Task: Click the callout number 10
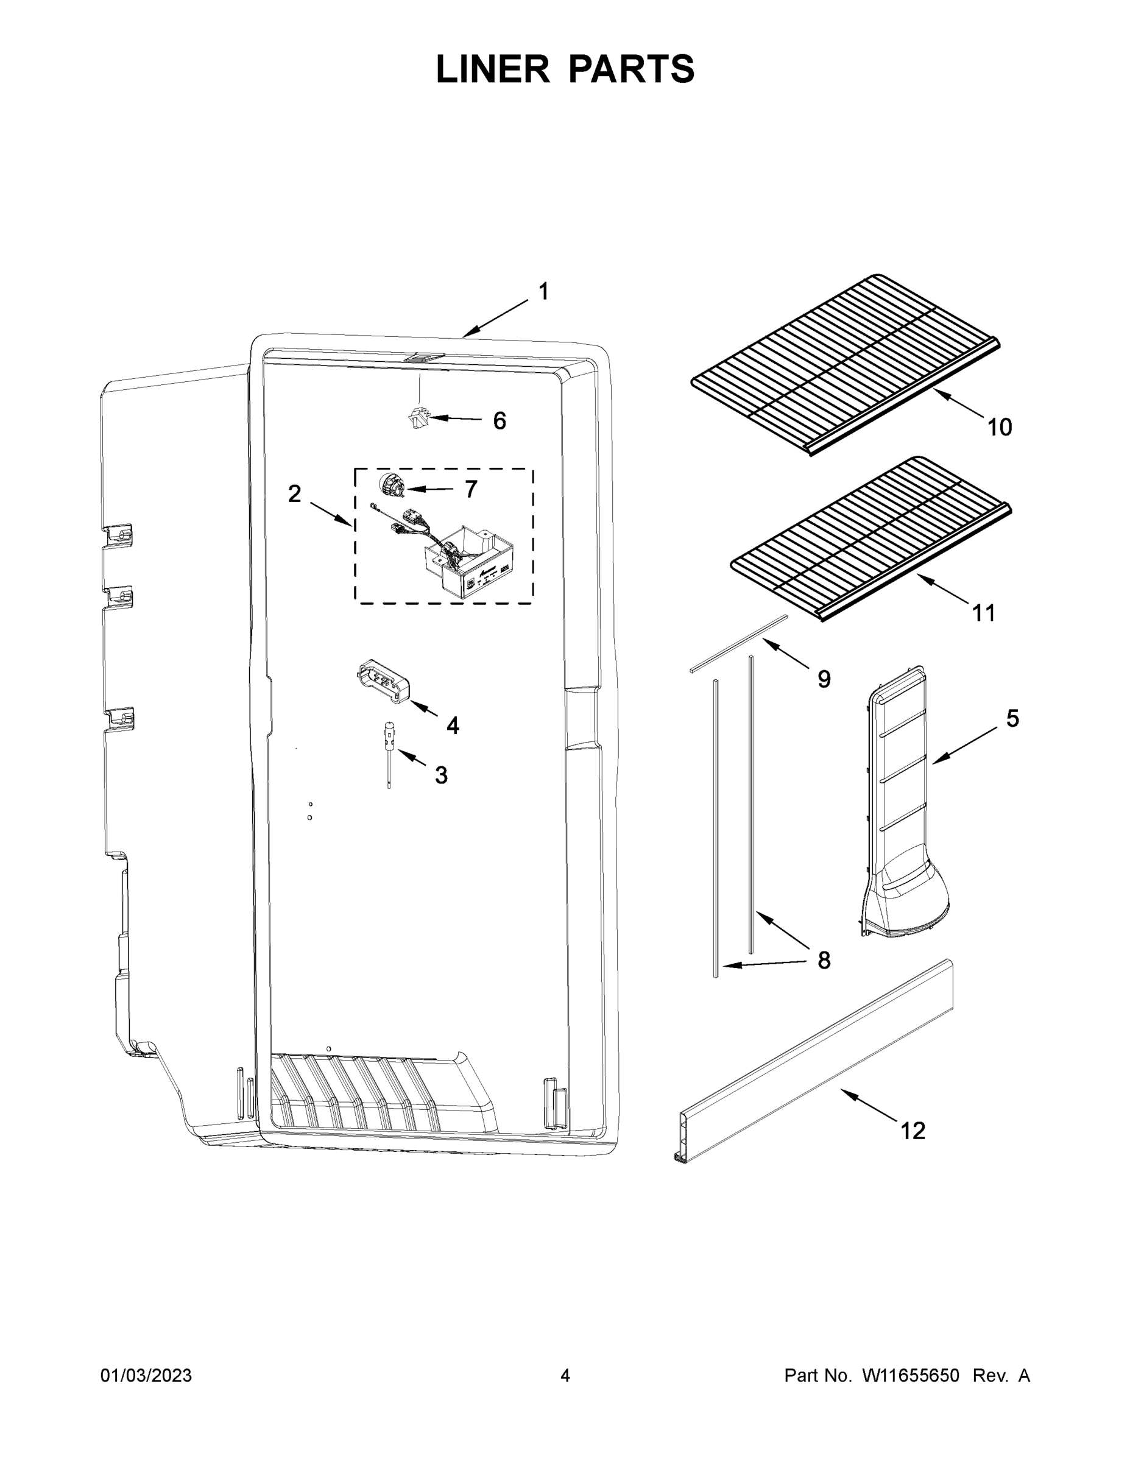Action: coord(1000,427)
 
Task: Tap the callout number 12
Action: coord(913,1131)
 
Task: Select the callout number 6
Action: coord(500,421)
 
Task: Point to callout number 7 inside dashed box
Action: coord(471,489)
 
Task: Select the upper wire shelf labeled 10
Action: coord(846,365)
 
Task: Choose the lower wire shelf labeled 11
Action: coord(870,539)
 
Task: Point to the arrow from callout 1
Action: coord(495,319)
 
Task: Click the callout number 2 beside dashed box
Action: coord(295,494)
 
